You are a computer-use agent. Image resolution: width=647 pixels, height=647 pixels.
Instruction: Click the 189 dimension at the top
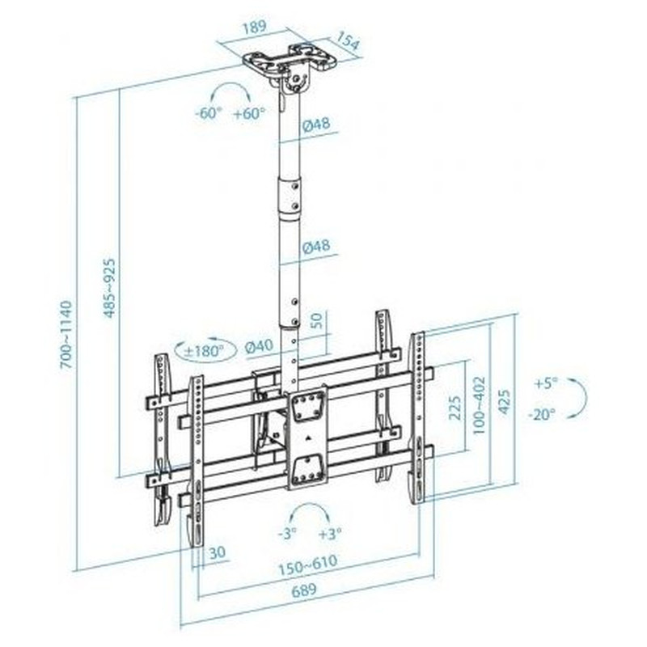(x=255, y=28)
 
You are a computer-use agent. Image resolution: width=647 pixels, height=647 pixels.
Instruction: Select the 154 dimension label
(x=348, y=41)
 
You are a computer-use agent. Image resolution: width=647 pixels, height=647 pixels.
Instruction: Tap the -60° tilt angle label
(x=209, y=112)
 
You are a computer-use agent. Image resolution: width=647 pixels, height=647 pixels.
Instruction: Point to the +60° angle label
(x=249, y=112)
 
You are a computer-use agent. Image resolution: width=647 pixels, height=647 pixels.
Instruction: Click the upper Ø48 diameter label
(x=316, y=124)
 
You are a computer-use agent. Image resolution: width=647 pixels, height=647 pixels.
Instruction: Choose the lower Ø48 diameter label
(x=316, y=247)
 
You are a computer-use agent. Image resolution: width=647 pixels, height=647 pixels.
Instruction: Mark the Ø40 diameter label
(x=259, y=346)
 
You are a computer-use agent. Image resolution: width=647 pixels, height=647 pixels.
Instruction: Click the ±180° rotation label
(x=204, y=351)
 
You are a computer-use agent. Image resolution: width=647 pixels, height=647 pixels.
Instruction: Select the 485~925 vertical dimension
(x=109, y=288)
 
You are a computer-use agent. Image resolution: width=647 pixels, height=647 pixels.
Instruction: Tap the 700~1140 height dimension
(x=66, y=335)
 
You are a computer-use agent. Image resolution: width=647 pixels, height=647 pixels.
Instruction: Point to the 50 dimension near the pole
(x=315, y=320)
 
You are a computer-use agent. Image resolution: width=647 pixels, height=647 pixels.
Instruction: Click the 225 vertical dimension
(x=455, y=408)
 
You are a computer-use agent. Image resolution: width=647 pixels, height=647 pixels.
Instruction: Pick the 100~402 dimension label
(x=479, y=405)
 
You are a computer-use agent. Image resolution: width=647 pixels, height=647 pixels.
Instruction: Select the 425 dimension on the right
(x=504, y=401)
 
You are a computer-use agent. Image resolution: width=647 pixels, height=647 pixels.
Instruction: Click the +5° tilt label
(x=546, y=383)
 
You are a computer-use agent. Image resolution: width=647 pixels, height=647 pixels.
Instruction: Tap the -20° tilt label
(x=543, y=414)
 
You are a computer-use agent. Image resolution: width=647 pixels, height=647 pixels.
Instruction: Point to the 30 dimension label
(x=218, y=552)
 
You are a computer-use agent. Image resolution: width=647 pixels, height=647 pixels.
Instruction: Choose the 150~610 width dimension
(x=308, y=565)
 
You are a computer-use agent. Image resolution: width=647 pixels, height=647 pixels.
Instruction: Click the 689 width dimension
(x=305, y=590)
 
